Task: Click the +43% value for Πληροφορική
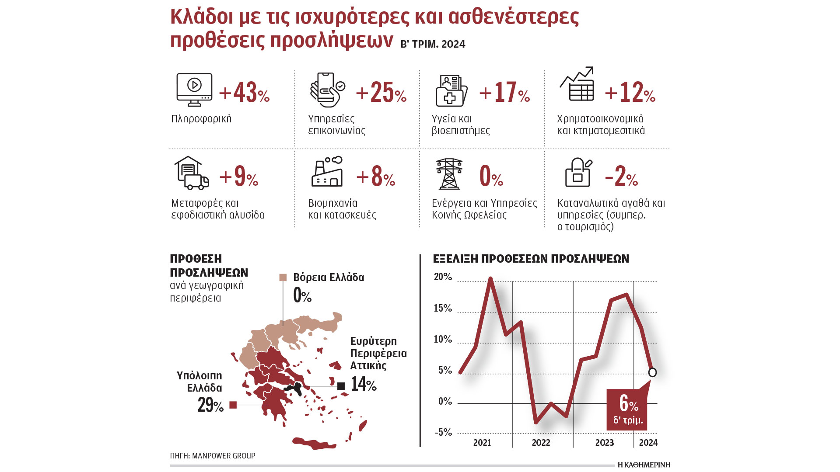click(244, 93)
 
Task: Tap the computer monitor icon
click(194, 90)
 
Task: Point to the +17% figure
click(504, 93)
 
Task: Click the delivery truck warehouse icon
click(191, 173)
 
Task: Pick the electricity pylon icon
click(449, 174)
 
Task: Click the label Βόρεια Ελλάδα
click(329, 278)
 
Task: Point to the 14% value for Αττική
click(364, 385)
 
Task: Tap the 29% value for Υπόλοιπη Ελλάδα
click(210, 405)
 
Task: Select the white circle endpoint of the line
click(652, 372)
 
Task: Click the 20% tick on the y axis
click(443, 277)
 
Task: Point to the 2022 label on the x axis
click(541, 443)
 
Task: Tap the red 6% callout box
click(627, 409)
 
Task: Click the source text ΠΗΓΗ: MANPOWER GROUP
click(213, 456)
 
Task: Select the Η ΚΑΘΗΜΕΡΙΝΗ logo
click(644, 465)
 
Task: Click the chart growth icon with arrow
click(577, 84)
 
